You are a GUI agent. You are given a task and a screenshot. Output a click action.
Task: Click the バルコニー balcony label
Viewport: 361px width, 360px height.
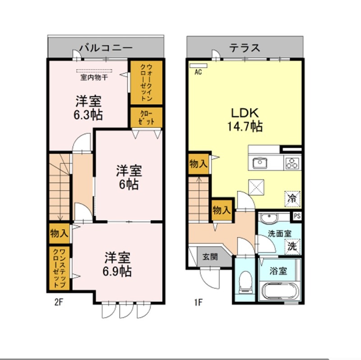(106, 48)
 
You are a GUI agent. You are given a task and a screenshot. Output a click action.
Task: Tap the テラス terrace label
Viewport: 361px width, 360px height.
(245, 48)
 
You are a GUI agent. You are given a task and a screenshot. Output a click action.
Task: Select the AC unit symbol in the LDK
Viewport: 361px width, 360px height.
(198, 65)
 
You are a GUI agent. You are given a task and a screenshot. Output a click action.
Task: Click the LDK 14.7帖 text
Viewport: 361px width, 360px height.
(245, 120)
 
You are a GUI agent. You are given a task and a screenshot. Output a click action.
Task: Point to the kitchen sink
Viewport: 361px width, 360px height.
(260, 163)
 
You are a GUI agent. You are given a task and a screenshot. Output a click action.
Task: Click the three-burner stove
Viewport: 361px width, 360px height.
(292, 163)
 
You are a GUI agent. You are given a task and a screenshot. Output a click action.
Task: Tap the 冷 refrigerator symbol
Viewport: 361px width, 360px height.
(292, 198)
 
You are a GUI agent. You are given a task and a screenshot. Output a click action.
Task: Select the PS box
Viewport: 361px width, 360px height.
(297, 216)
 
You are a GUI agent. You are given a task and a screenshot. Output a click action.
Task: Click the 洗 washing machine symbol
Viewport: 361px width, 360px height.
(292, 246)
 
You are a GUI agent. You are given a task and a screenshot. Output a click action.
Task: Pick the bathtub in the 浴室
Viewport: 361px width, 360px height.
(280, 291)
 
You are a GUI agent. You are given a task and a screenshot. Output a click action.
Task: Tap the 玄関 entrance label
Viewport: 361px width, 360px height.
(210, 257)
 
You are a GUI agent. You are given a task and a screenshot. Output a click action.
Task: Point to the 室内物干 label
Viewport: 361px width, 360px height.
(94, 77)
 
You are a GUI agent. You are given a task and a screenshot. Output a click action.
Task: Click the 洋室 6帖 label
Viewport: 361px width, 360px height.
(129, 177)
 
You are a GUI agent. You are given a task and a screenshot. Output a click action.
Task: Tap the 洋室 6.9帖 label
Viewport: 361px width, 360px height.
(117, 264)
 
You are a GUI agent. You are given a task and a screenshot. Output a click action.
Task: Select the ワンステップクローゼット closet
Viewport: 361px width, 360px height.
(60, 268)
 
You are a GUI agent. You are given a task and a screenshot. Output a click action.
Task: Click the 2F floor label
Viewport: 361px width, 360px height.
(59, 302)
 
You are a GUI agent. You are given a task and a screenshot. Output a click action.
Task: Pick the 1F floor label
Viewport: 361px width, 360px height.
(198, 302)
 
